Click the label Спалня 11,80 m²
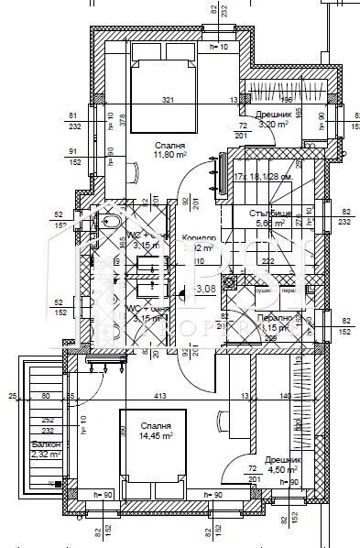pos(171,149)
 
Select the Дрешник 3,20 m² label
pos(272,120)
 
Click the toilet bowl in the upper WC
pos(109,223)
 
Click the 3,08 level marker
pos(205,289)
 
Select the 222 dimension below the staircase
pos(267,261)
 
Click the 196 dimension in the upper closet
pos(285,99)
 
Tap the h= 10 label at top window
pos(218,46)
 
